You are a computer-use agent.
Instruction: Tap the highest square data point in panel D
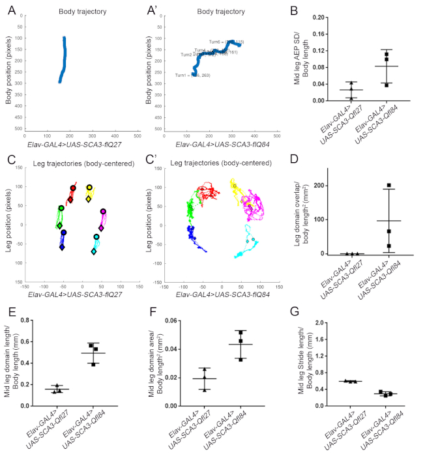tap(388, 186)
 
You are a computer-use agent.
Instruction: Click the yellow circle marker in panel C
tap(90, 188)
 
